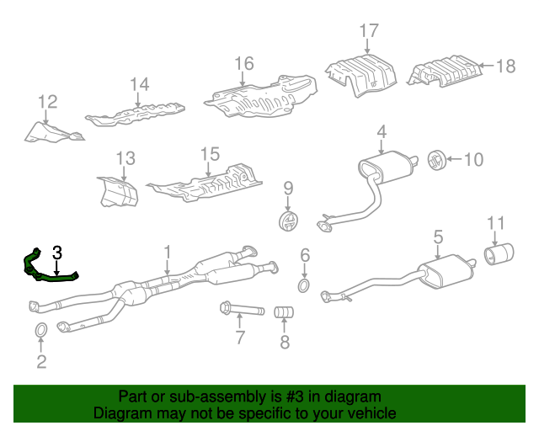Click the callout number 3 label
[x=56, y=252]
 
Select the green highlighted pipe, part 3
[x=51, y=274]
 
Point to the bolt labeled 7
[x=239, y=309]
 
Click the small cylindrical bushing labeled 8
[x=285, y=313]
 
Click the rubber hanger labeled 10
[x=436, y=158]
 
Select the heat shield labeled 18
[x=444, y=72]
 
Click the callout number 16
[x=243, y=64]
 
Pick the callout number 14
[x=139, y=83]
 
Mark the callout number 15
[x=209, y=154]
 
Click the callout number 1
[x=167, y=251]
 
